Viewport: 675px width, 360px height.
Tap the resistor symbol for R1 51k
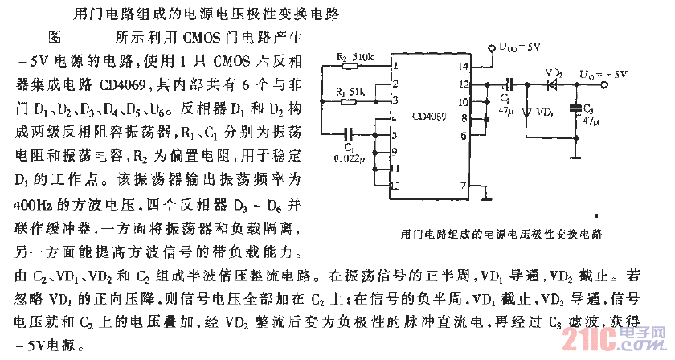tap(348, 100)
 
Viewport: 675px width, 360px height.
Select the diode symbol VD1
tap(526, 112)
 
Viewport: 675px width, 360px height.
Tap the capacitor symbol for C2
tap(506, 84)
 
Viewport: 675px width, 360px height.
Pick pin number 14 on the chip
tap(463, 65)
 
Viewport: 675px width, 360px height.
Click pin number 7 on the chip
tap(462, 185)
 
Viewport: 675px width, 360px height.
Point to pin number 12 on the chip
tap(463, 83)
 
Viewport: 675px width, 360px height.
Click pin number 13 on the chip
tap(394, 186)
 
